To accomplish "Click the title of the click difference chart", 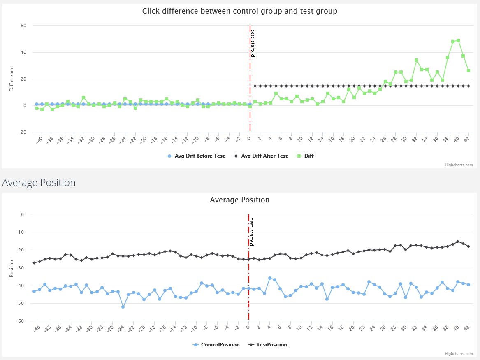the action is (x=240, y=11).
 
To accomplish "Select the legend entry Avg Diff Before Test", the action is (x=195, y=156).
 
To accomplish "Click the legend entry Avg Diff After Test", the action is (x=260, y=156).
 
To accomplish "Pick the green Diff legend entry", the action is (x=305, y=156).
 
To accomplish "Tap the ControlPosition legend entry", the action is (x=216, y=345).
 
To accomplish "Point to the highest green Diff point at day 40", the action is (x=458, y=40).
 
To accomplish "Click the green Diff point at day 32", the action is (x=416, y=60).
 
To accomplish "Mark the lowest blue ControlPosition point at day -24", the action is (x=123, y=307).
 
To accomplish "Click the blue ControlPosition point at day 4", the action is (x=270, y=278).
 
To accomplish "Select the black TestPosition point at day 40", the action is (x=458, y=242).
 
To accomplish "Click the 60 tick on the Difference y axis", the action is (x=23, y=26).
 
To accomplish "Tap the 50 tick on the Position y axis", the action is (x=21, y=303).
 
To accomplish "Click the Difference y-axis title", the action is (x=12, y=79).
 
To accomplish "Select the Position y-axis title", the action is (x=12, y=268).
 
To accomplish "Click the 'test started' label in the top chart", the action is (x=253, y=43).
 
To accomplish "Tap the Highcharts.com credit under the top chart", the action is (x=459, y=165).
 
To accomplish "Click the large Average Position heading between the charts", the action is (x=39, y=182).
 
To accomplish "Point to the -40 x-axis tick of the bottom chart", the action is (x=37, y=329).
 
